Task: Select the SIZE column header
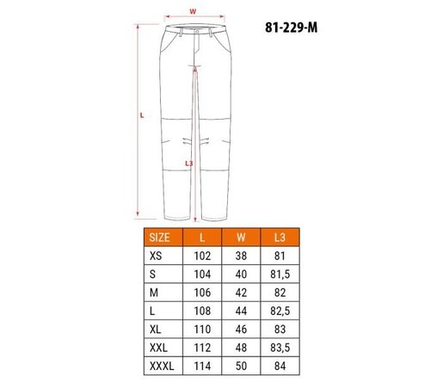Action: [159, 237]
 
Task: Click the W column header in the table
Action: [240, 237]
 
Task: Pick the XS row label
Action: [155, 256]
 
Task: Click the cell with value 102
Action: [202, 256]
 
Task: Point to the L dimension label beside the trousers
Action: [141, 114]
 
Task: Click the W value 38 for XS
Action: [240, 256]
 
